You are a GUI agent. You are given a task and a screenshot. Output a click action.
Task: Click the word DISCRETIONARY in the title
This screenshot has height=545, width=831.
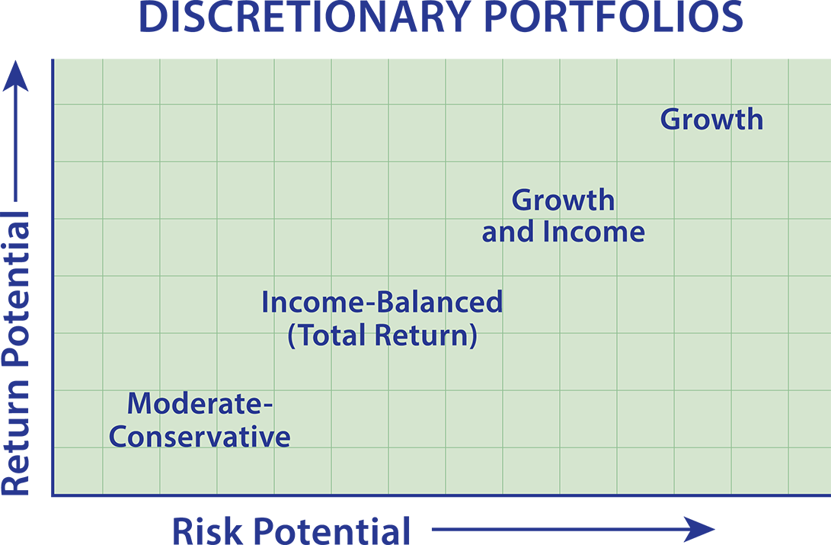point(304,17)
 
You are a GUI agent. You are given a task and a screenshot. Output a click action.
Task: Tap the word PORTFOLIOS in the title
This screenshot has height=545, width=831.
point(614,17)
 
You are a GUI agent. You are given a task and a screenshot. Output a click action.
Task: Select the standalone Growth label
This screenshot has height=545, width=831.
point(711,120)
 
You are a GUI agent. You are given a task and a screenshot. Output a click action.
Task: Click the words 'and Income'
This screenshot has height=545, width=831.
point(563,232)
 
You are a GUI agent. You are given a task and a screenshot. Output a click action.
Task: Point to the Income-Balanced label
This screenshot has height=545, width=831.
point(382,302)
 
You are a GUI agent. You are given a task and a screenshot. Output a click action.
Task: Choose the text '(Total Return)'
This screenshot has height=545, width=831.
point(382,335)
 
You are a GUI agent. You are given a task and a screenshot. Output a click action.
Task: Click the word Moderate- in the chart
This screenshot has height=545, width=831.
point(200,403)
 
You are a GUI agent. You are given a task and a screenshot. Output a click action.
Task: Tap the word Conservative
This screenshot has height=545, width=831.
point(200,437)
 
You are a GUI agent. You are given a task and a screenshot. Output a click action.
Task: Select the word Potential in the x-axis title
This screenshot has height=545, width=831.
point(331,531)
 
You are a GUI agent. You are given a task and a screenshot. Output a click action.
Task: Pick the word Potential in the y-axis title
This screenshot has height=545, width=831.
point(15,289)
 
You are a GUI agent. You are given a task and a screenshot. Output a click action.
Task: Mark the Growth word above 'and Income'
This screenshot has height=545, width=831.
point(564,200)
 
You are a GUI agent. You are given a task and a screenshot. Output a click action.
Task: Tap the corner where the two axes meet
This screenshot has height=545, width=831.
point(53,495)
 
